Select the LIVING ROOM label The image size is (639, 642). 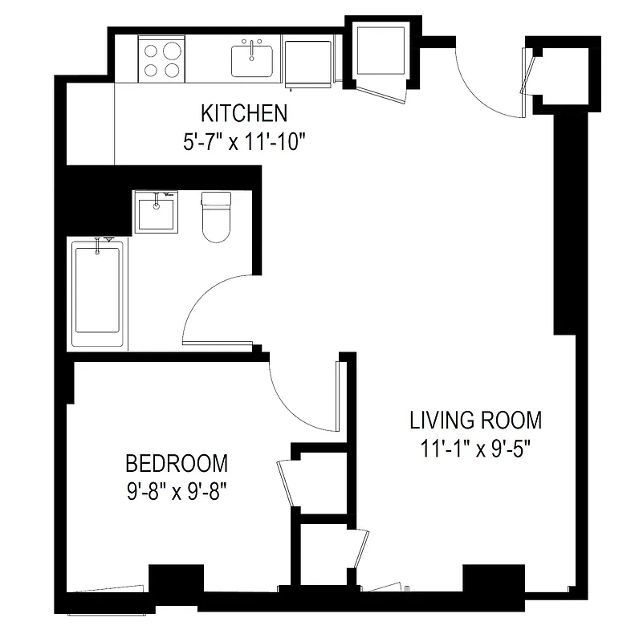pos(475,420)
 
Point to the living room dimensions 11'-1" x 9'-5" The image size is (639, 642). pos(475,449)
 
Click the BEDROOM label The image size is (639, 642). pos(177,463)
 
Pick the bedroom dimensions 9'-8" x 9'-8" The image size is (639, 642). pos(177,490)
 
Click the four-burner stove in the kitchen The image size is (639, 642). pos(161,59)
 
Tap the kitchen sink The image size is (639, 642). pos(252,59)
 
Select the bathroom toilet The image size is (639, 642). pos(215,217)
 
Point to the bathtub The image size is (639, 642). pos(97,293)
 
